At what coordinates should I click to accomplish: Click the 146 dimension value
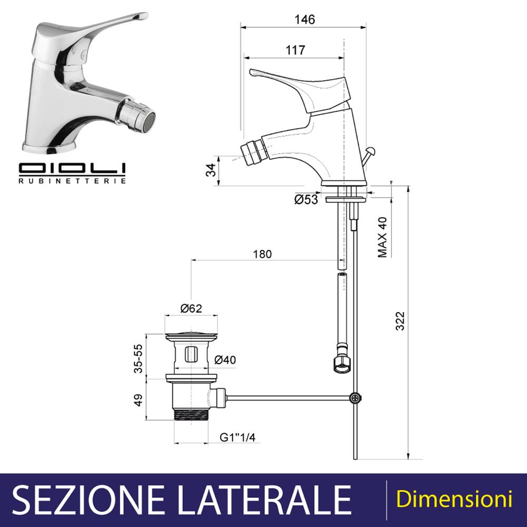tap(305, 19)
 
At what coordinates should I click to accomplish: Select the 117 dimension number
tap(296, 50)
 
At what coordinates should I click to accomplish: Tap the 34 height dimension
tap(211, 170)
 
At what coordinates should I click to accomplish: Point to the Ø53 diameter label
tap(306, 199)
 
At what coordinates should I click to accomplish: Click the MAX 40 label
tap(383, 237)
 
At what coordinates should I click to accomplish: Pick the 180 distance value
tap(262, 254)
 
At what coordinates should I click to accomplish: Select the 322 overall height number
tap(400, 321)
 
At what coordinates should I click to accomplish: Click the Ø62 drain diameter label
tap(191, 308)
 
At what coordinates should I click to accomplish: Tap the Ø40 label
tap(225, 360)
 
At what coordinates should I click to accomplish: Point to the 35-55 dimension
tap(138, 358)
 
